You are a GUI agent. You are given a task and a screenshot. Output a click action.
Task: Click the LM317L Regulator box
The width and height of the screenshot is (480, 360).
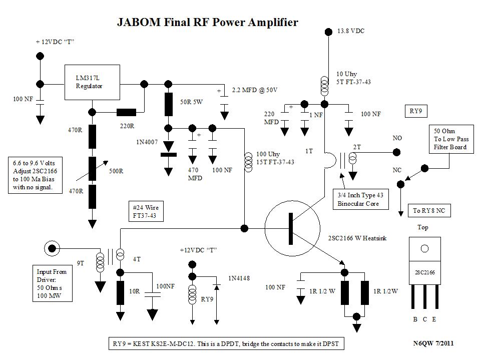(93, 82)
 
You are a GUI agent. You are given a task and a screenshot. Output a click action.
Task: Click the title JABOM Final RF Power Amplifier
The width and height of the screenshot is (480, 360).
(207, 23)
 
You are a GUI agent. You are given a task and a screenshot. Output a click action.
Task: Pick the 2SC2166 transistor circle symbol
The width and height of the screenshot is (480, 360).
(292, 228)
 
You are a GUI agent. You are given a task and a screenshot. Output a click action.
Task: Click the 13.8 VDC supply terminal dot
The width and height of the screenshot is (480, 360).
(328, 32)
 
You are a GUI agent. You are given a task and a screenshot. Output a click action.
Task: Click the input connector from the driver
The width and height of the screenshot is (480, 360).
(51, 247)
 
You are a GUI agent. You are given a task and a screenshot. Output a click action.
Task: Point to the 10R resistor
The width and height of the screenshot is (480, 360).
(121, 293)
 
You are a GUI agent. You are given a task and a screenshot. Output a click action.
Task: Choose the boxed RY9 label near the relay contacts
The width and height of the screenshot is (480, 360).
(416, 111)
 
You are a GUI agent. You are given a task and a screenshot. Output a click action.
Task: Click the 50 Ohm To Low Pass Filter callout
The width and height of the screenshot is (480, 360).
(450, 139)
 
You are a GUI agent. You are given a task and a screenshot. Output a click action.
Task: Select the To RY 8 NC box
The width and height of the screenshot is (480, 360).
(429, 211)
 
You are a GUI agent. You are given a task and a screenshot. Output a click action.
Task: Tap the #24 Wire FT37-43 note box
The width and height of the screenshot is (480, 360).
(146, 211)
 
